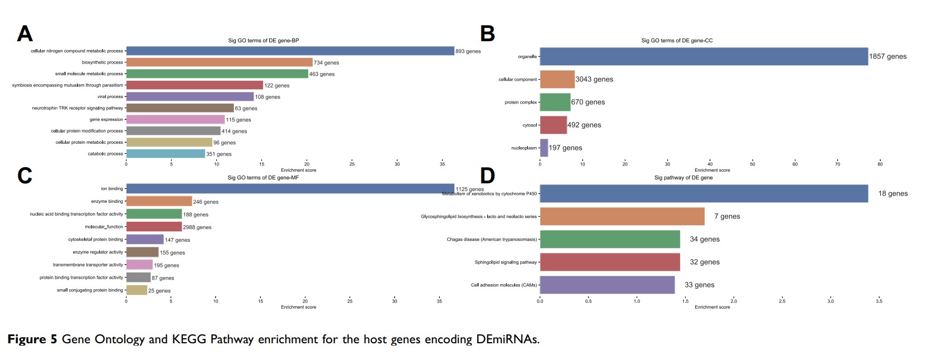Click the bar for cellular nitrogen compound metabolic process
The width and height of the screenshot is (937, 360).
pos(290,51)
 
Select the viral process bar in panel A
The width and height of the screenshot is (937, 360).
pos(190,96)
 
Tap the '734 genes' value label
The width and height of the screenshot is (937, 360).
pos(326,63)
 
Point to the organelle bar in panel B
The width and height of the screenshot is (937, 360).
pos(703,56)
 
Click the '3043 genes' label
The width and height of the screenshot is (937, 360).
pos(594,79)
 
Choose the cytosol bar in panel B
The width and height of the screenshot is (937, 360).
pos(553,125)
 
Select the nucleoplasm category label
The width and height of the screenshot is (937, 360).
pos(524,148)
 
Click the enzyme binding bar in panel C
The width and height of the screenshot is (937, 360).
pos(159,201)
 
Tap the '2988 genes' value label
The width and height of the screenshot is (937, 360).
pos(197,227)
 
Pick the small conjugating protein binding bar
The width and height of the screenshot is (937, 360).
pos(137,290)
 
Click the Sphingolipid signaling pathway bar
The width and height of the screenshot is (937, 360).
pos(610,262)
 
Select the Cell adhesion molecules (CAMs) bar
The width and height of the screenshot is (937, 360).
pos(607,285)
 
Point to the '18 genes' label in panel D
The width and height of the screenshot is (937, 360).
pos(893,193)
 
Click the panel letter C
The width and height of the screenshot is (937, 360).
pos(25,176)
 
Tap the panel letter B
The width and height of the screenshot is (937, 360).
pos(487,34)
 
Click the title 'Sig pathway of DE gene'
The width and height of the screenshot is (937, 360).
pos(683,178)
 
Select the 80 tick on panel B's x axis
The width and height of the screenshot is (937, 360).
pos(880,164)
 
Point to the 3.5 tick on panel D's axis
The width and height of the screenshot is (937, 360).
pos(878,301)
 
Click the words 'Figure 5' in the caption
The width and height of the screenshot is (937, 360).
pos(32,339)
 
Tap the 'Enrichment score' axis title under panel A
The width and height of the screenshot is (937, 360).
pos(298,170)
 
